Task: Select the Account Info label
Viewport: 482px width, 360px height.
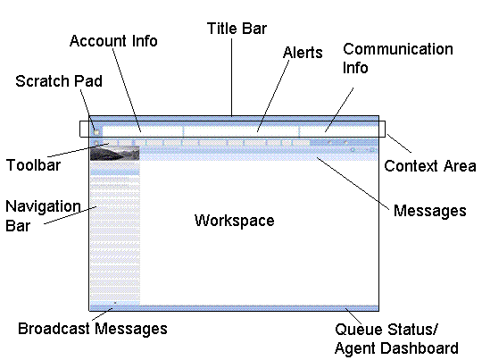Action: pos(113,41)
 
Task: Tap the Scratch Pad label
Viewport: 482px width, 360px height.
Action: pos(59,81)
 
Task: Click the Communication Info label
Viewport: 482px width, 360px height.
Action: pos(398,57)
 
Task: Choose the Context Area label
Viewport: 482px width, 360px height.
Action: pos(429,166)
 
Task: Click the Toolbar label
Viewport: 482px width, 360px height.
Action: pos(32,165)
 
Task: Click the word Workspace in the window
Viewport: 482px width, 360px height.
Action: pos(234,220)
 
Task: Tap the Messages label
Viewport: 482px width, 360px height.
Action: pos(429,211)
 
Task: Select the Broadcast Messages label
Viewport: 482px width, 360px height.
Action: pos(93,328)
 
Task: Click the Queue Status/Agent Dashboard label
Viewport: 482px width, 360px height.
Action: pos(397,339)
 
